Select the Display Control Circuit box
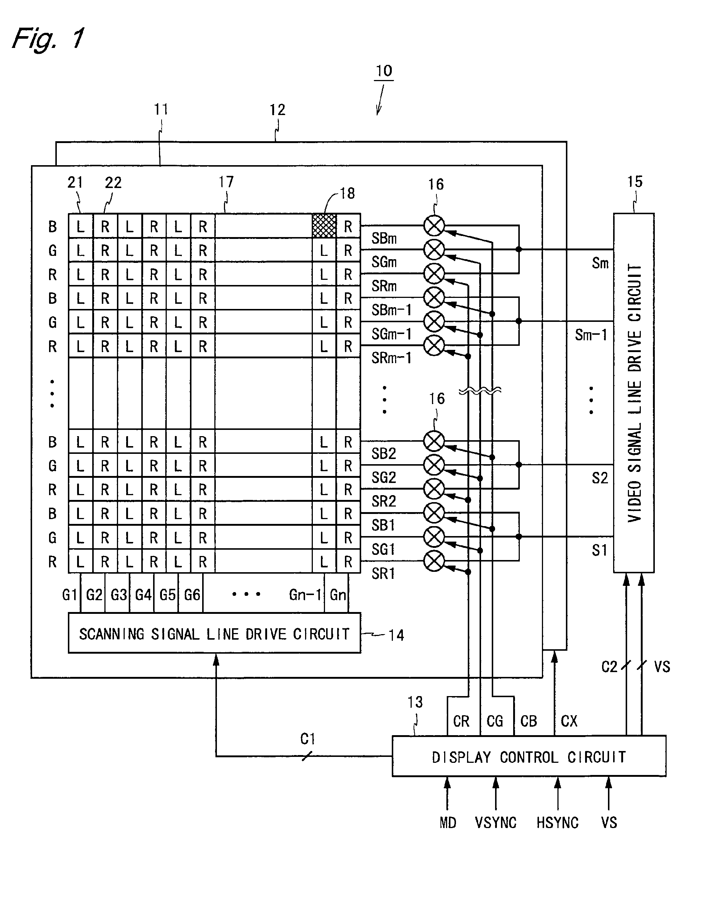click(x=529, y=756)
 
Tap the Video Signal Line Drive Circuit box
click(x=634, y=393)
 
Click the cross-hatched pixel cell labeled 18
click(x=324, y=226)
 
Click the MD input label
click(x=448, y=823)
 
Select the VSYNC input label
click(x=495, y=823)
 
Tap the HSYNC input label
click(x=557, y=823)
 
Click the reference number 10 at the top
click(x=384, y=71)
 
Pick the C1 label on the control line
click(x=308, y=739)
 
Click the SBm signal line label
click(x=384, y=239)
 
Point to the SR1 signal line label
click(x=383, y=574)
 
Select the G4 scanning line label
click(x=143, y=595)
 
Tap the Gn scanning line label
click(x=338, y=595)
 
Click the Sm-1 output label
click(x=591, y=335)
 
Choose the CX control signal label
click(x=569, y=721)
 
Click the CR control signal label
click(x=461, y=721)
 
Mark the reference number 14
click(x=396, y=635)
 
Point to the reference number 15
click(x=635, y=181)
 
